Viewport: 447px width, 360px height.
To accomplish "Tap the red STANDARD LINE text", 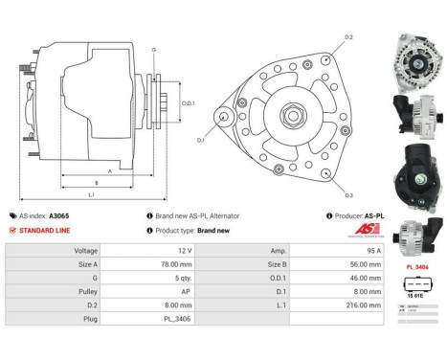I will [44, 231].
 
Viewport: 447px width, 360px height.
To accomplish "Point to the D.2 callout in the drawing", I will [348, 37].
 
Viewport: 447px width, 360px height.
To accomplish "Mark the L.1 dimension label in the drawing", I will [92, 196].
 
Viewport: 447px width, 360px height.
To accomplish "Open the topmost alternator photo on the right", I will [417, 56].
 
